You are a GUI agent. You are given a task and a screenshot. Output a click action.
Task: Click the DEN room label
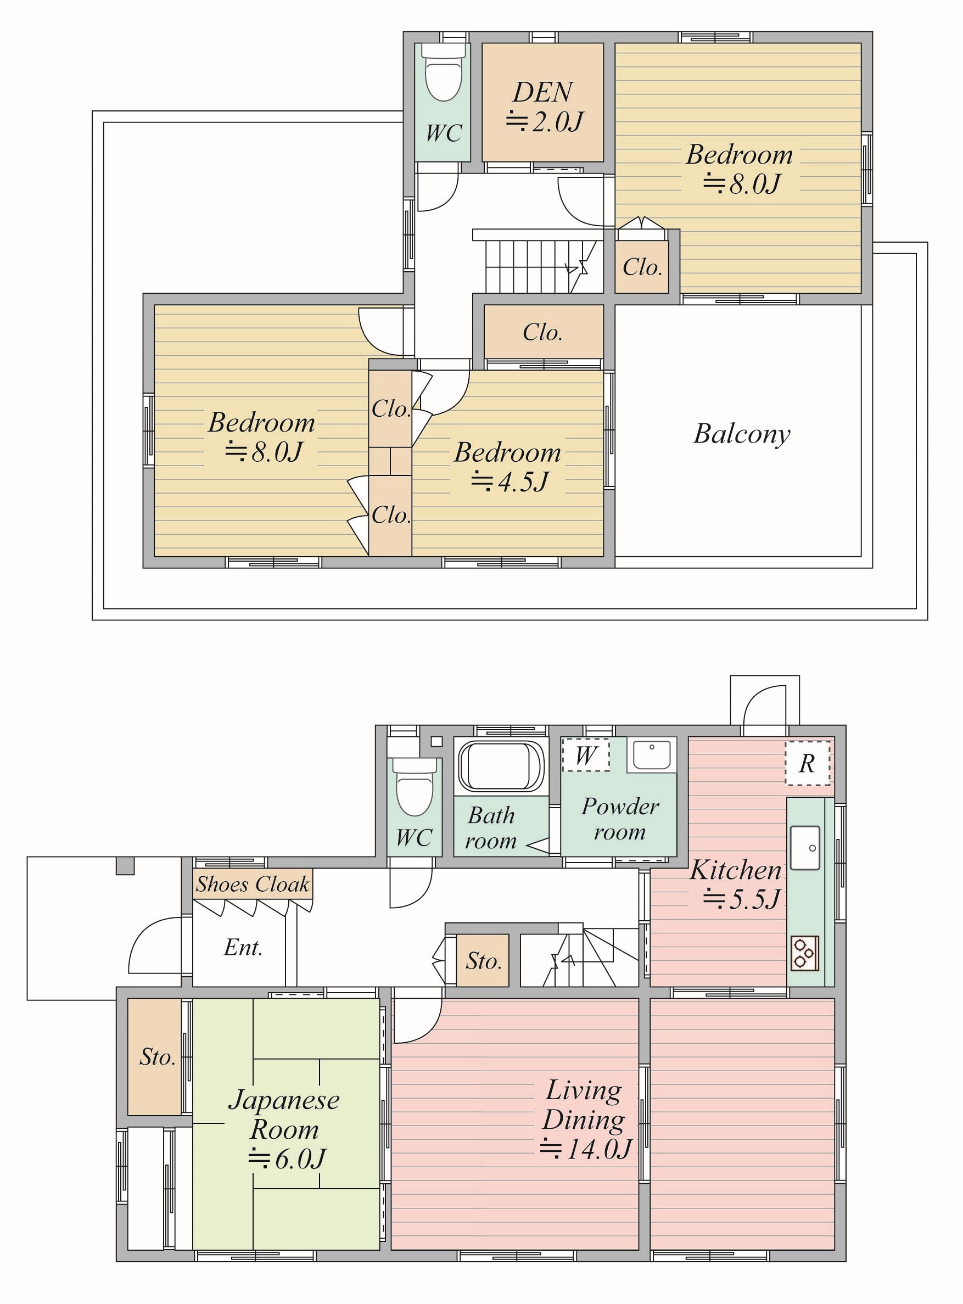[542, 92]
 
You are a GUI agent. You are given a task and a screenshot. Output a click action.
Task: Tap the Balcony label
[742, 434]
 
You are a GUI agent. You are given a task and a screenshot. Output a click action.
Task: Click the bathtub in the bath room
[501, 765]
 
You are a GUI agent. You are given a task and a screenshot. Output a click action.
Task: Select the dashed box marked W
[586, 755]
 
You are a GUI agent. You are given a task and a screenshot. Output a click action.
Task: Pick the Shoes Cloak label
[253, 885]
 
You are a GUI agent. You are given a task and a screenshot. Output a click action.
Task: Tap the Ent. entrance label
[243, 947]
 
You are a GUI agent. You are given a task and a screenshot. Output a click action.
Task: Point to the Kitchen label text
[736, 870]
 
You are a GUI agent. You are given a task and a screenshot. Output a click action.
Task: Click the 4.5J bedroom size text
[510, 482]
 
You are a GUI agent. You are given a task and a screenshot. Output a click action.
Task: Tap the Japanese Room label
[284, 1115]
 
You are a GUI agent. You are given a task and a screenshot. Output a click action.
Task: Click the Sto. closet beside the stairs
[483, 961]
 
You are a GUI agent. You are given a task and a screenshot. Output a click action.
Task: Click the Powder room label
[620, 819]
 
